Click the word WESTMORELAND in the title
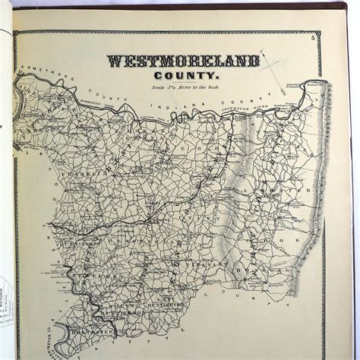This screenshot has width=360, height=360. click(x=183, y=61)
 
